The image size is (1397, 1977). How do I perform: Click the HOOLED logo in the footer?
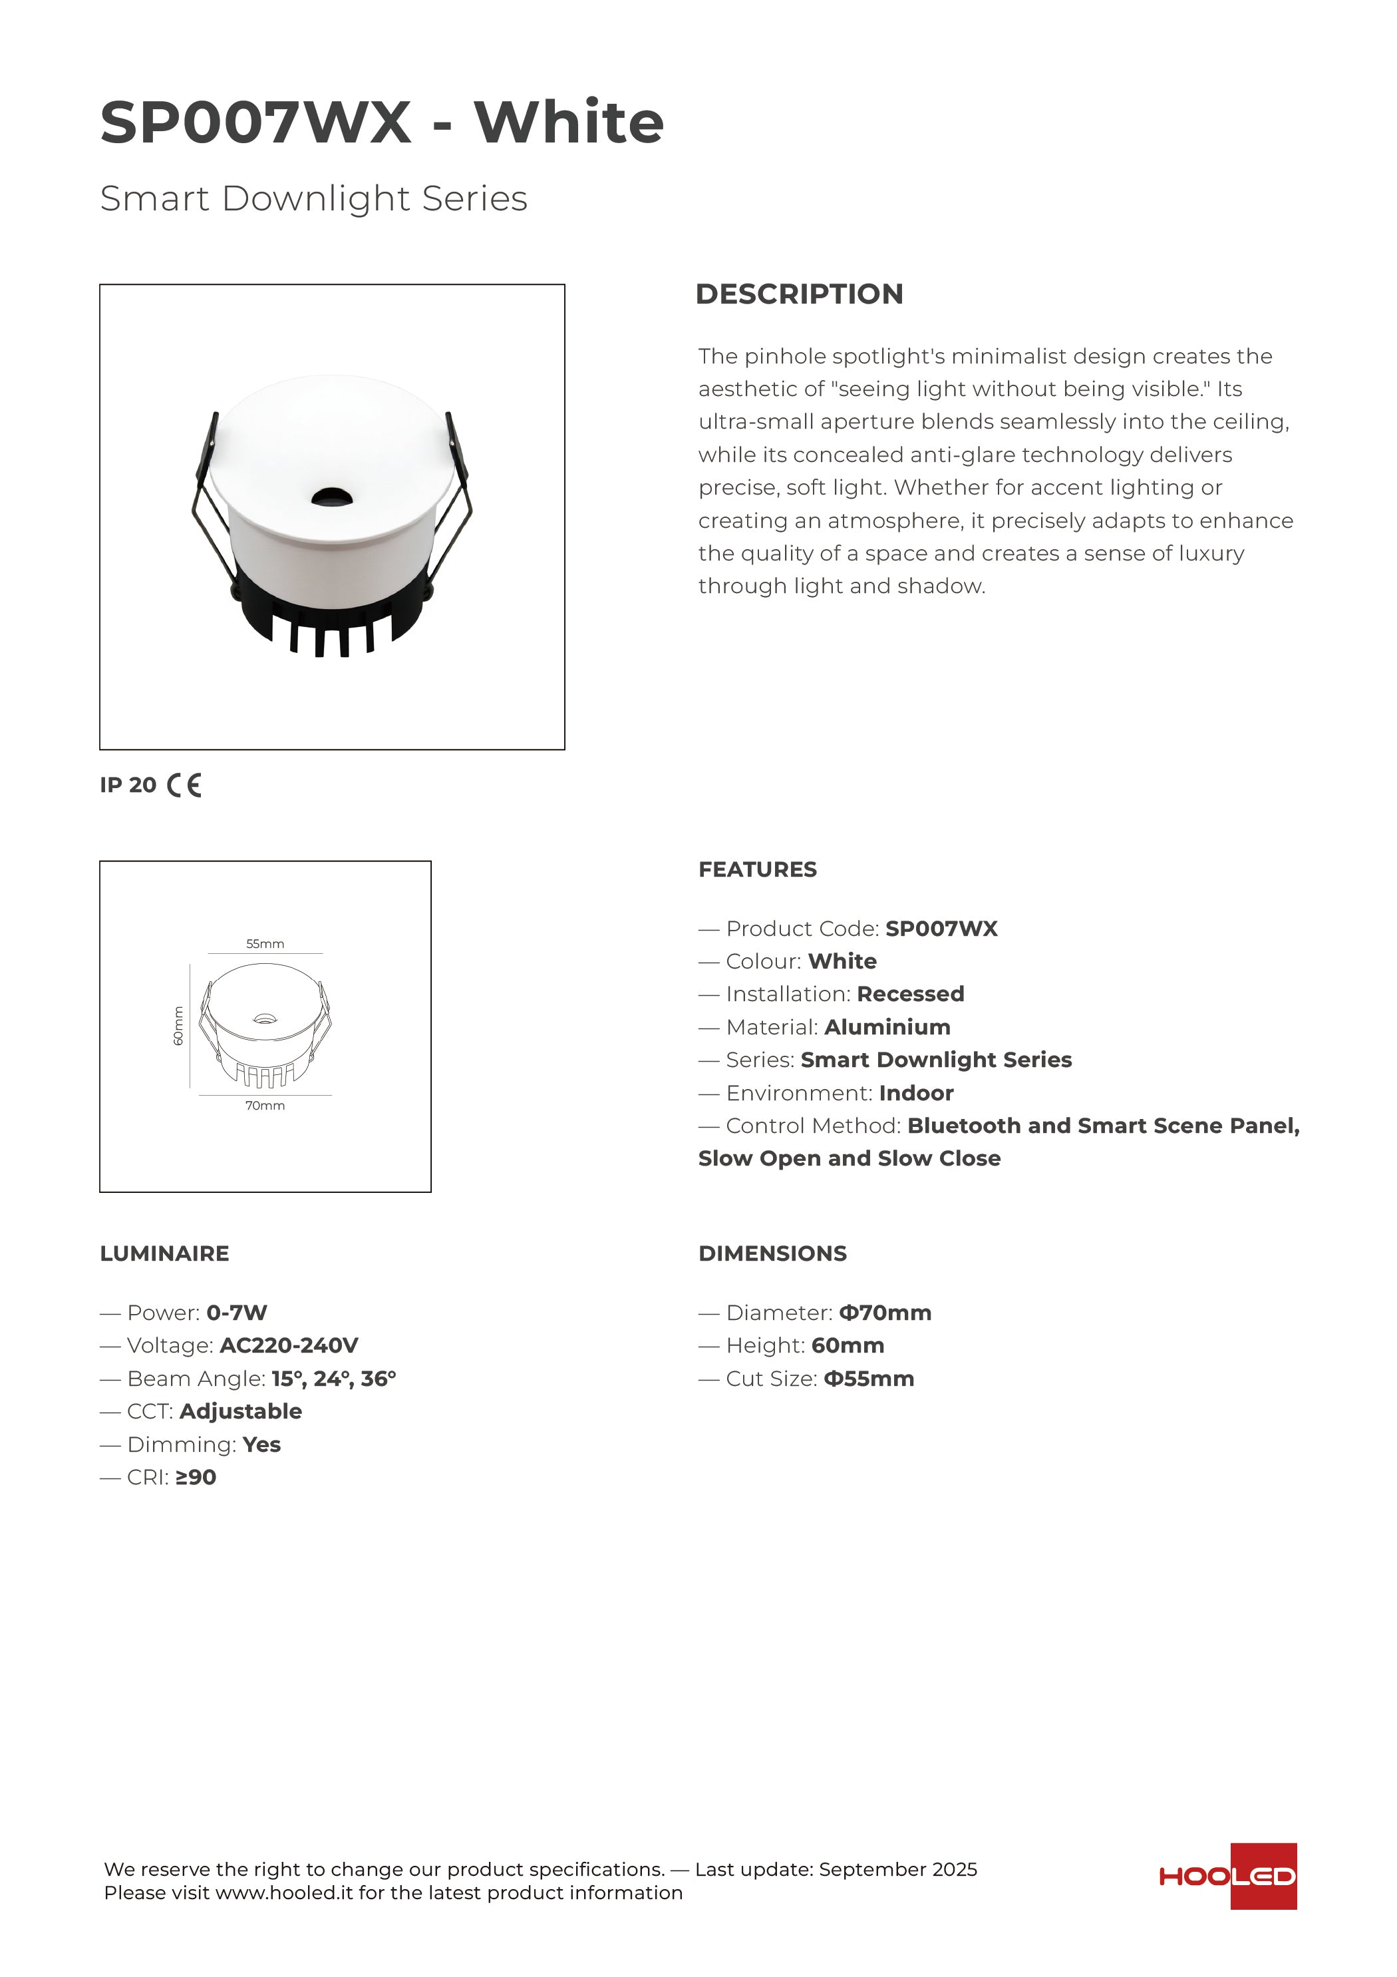1227,1876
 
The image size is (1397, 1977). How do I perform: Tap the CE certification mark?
184,785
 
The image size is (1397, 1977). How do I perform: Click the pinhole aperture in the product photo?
331,496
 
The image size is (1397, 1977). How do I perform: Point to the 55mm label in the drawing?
265,944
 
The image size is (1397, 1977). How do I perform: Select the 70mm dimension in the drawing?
265,1106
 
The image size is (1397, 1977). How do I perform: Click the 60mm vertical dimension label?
178,1026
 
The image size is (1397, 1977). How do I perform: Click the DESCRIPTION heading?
799,294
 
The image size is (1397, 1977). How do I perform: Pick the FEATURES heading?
758,869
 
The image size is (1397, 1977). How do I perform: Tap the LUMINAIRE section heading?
164,1253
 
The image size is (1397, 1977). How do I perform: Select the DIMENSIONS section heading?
772,1253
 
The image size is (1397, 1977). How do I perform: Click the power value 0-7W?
237,1313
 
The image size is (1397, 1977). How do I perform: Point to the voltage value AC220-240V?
289,1346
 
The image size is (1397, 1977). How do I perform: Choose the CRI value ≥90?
196,1478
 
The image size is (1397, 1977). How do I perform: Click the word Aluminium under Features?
887,1027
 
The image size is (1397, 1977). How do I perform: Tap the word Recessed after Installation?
911,994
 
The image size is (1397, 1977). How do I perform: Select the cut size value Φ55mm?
869,1379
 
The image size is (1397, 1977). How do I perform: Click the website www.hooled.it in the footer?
284,1892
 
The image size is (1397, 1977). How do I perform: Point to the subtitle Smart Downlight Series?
313,199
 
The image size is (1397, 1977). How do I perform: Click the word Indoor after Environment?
916,1094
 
